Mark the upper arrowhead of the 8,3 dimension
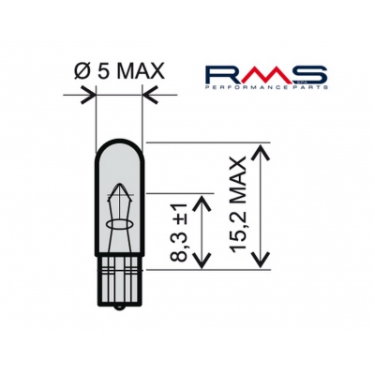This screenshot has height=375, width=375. pos(203,199)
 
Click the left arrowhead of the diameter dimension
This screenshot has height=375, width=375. pos(90,95)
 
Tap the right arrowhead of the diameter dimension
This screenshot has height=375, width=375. pos(146,95)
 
